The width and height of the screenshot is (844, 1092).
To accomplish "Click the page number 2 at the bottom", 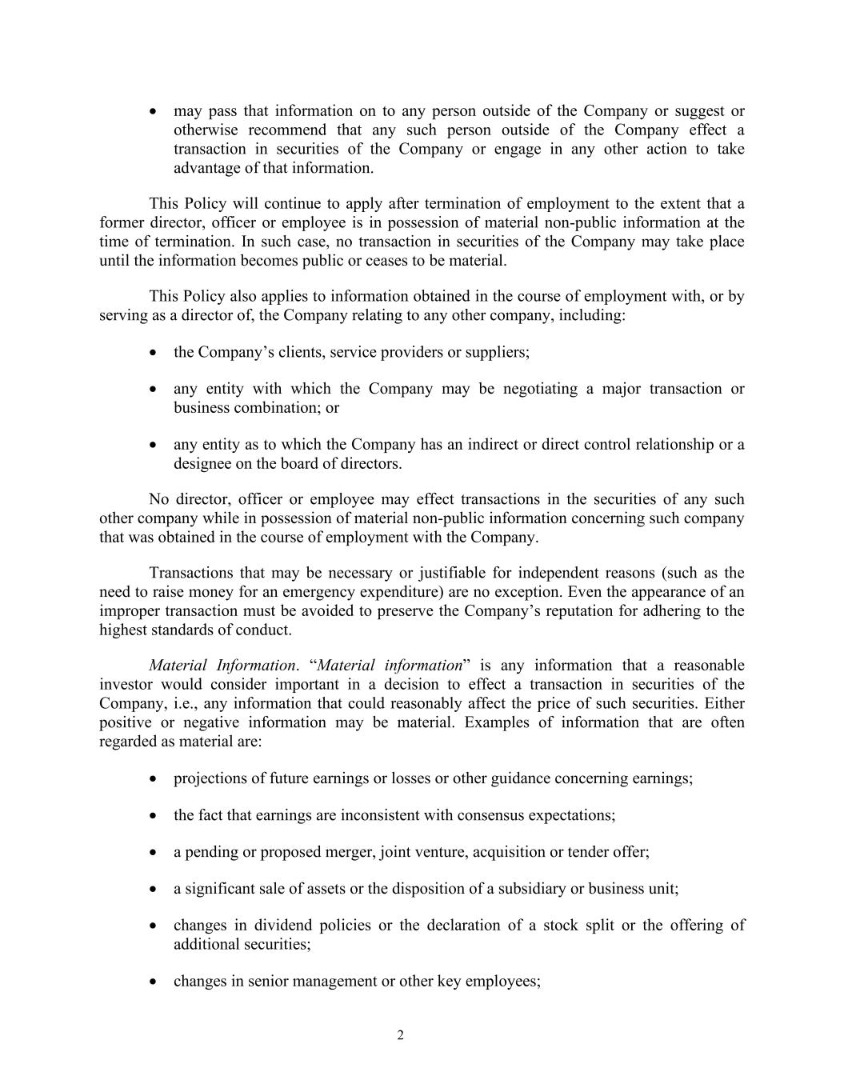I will coord(400,1036).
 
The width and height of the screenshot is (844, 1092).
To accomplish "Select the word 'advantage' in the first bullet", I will coord(204,168).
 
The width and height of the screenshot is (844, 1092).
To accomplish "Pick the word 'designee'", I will coord(202,463).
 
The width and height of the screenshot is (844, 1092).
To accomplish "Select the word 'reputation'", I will coord(591,611).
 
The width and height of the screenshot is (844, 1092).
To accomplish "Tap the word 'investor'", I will coord(126,685).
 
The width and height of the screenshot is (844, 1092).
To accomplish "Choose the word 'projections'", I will coord(212,778).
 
